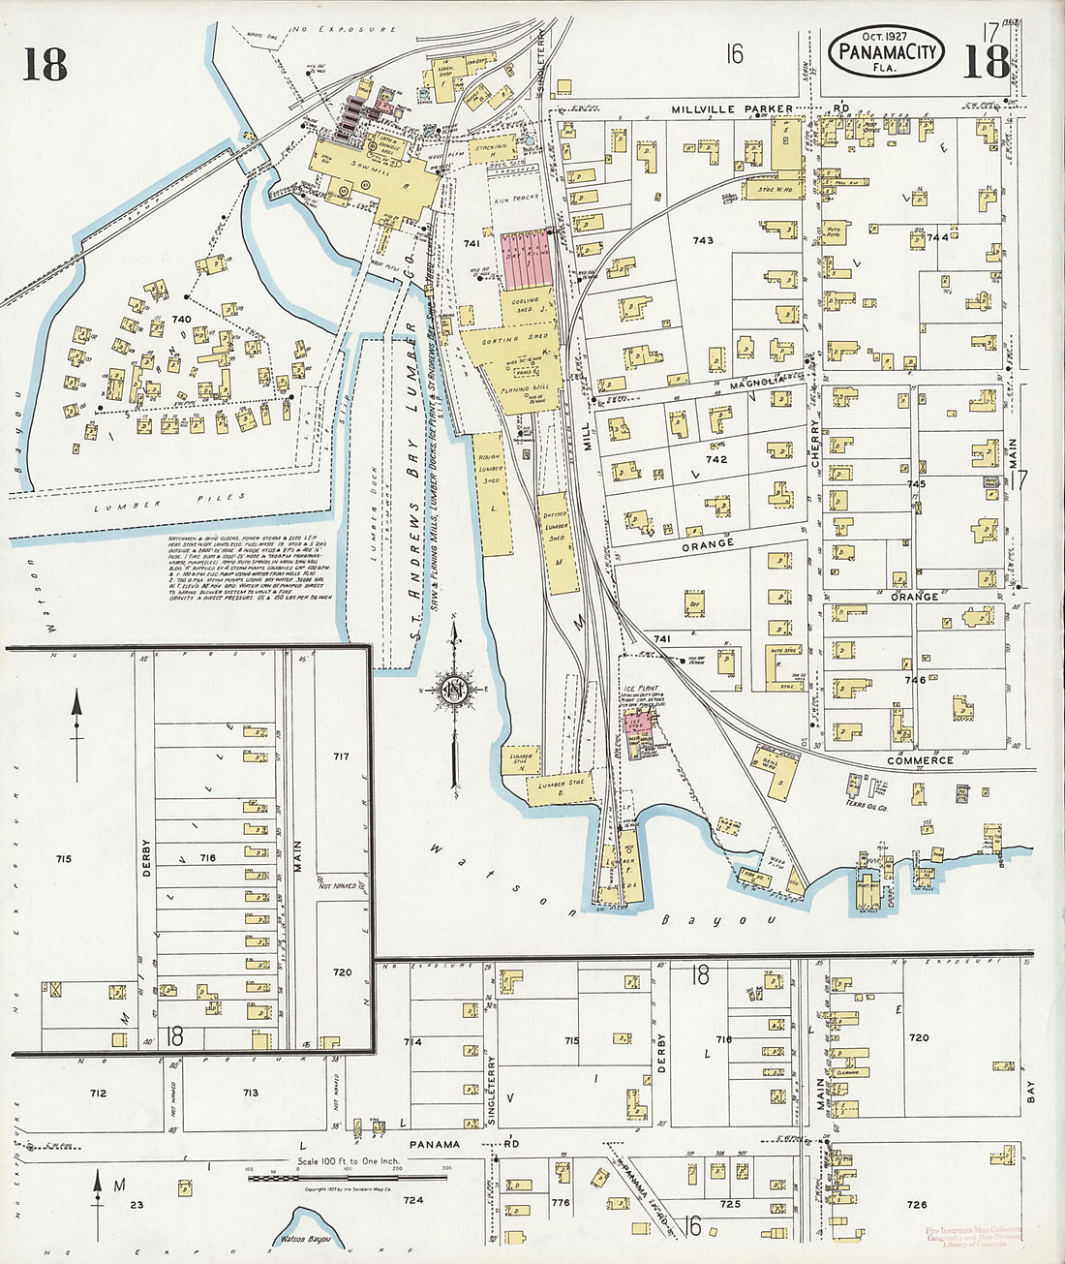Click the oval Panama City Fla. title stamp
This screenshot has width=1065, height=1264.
coord(888,51)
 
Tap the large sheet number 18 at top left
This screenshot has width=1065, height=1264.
coord(45,64)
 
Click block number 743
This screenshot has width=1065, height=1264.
coord(703,240)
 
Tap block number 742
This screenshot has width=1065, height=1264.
coord(715,459)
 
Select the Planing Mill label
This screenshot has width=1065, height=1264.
coord(528,386)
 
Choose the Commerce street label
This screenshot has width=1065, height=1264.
coord(920,760)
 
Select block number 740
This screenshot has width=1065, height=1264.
coord(181,319)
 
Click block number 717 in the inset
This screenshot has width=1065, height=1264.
coord(340,755)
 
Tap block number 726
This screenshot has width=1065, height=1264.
coord(916,1205)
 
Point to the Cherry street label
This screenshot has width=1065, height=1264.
coord(815,445)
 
